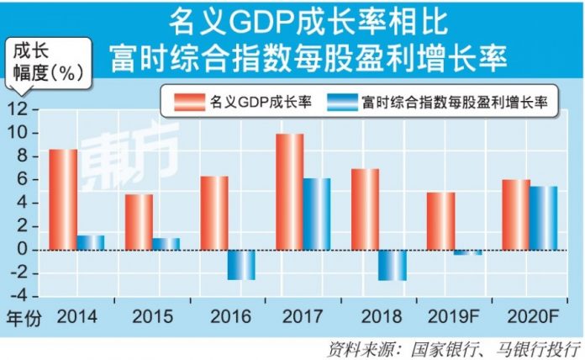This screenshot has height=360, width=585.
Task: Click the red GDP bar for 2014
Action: pyautogui.click(x=62, y=199)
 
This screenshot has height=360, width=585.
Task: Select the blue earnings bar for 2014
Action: pyautogui.click(x=90, y=242)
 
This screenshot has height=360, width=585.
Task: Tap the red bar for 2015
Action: pyautogui.click(x=139, y=222)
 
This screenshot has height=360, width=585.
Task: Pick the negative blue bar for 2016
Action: pyautogui.click(x=240, y=265)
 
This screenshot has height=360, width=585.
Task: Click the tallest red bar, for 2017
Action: pyautogui.click(x=289, y=192)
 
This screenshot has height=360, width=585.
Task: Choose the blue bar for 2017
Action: pyautogui.click(x=317, y=214)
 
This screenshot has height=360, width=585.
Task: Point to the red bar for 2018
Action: pyautogui.click(x=365, y=209)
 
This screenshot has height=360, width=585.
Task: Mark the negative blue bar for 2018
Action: pyautogui.click(x=392, y=265)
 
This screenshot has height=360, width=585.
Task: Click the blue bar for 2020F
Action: pyautogui.click(x=543, y=218)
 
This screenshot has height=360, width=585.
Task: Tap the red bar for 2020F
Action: pyautogui.click(x=515, y=214)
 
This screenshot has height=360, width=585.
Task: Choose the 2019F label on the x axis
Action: pyautogui.click(x=453, y=319)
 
